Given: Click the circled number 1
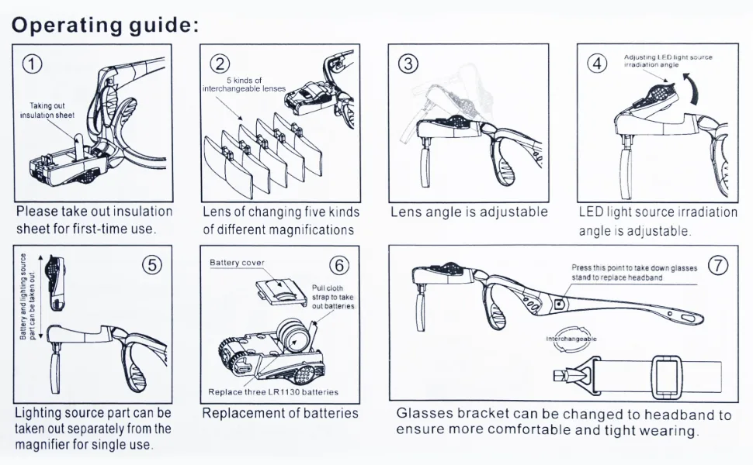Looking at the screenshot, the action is (x=32, y=64).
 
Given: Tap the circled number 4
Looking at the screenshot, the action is (x=597, y=64).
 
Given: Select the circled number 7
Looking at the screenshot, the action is (x=718, y=265).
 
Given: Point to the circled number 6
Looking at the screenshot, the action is (x=339, y=266).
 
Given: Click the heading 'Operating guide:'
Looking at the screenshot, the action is (x=105, y=25).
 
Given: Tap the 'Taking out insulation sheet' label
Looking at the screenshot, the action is (x=47, y=110).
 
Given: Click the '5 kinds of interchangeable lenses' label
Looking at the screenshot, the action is (x=244, y=84).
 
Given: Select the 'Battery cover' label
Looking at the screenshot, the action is (x=237, y=263).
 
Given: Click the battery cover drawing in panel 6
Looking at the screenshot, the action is (x=281, y=292).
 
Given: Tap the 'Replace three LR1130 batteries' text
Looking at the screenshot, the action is (x=273, y=392).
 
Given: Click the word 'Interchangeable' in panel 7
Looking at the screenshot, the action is (x=571, y=339).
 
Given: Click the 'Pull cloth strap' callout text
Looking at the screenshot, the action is (x=333, y=297).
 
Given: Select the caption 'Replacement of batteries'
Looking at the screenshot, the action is (x=280, y=413).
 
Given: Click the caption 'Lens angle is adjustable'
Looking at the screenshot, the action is (x=469, y=212).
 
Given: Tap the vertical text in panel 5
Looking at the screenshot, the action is (x=27, y=297).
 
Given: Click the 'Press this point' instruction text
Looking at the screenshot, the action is (x=634, y=273).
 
